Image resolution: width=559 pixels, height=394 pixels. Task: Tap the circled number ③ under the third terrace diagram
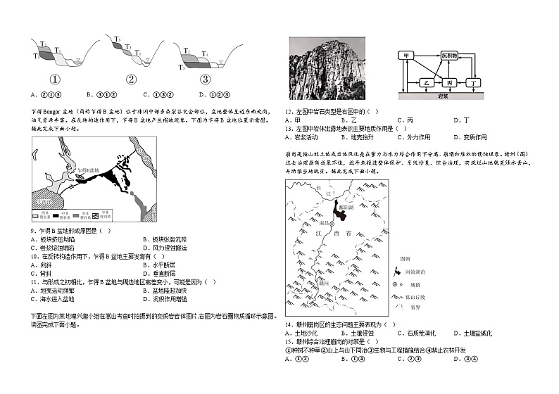[205, 80]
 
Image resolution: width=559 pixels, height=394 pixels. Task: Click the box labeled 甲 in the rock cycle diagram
[406, 56]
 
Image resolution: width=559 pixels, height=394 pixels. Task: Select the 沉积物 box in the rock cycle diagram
[449, 55]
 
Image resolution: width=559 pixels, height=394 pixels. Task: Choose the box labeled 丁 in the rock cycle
[475, 82]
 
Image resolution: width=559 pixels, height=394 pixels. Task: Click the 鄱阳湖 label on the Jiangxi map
[348, 208]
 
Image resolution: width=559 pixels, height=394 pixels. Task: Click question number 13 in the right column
[289, 129]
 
